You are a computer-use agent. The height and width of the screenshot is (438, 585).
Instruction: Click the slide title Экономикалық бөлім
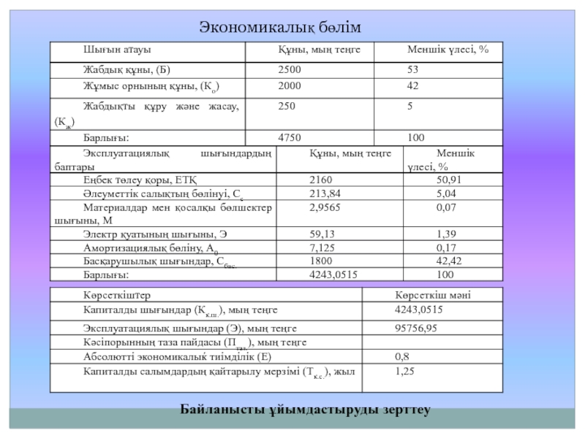(281, 27)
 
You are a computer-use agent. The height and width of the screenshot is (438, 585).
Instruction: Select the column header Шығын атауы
(116, 50)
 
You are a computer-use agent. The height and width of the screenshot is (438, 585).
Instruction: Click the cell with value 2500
(289, 70)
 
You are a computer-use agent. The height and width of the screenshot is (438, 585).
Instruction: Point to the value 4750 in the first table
(289, 137)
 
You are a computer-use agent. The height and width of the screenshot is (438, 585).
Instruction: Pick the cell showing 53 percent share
(413, 70)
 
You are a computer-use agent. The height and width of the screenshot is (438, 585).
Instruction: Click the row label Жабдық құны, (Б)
(126, 70)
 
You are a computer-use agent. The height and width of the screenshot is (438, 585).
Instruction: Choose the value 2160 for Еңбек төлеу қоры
(321, 180)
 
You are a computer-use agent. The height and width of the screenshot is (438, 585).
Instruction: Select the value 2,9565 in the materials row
(325, 208)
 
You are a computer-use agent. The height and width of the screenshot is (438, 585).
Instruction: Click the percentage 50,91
(448, 180)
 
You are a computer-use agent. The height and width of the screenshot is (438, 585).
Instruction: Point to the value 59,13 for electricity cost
(321, 234)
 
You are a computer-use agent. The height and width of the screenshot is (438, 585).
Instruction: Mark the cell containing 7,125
(322, 248)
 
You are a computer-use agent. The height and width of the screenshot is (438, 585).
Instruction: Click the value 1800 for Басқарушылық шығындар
(321, 261)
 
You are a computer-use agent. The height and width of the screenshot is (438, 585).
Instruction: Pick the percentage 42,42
(448, 261)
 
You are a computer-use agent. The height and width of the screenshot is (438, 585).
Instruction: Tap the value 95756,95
(416, 328)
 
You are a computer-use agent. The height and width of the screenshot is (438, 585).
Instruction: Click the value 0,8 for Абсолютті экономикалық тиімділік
(401, 357)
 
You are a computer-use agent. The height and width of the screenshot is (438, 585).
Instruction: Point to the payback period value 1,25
(404, 372)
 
